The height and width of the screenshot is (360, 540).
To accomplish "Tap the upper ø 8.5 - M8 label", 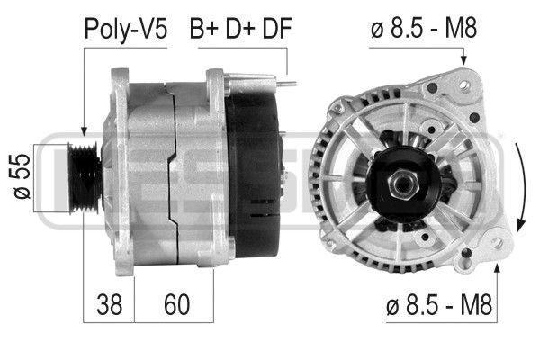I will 422,29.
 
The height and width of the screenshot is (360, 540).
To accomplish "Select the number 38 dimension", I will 109,307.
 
